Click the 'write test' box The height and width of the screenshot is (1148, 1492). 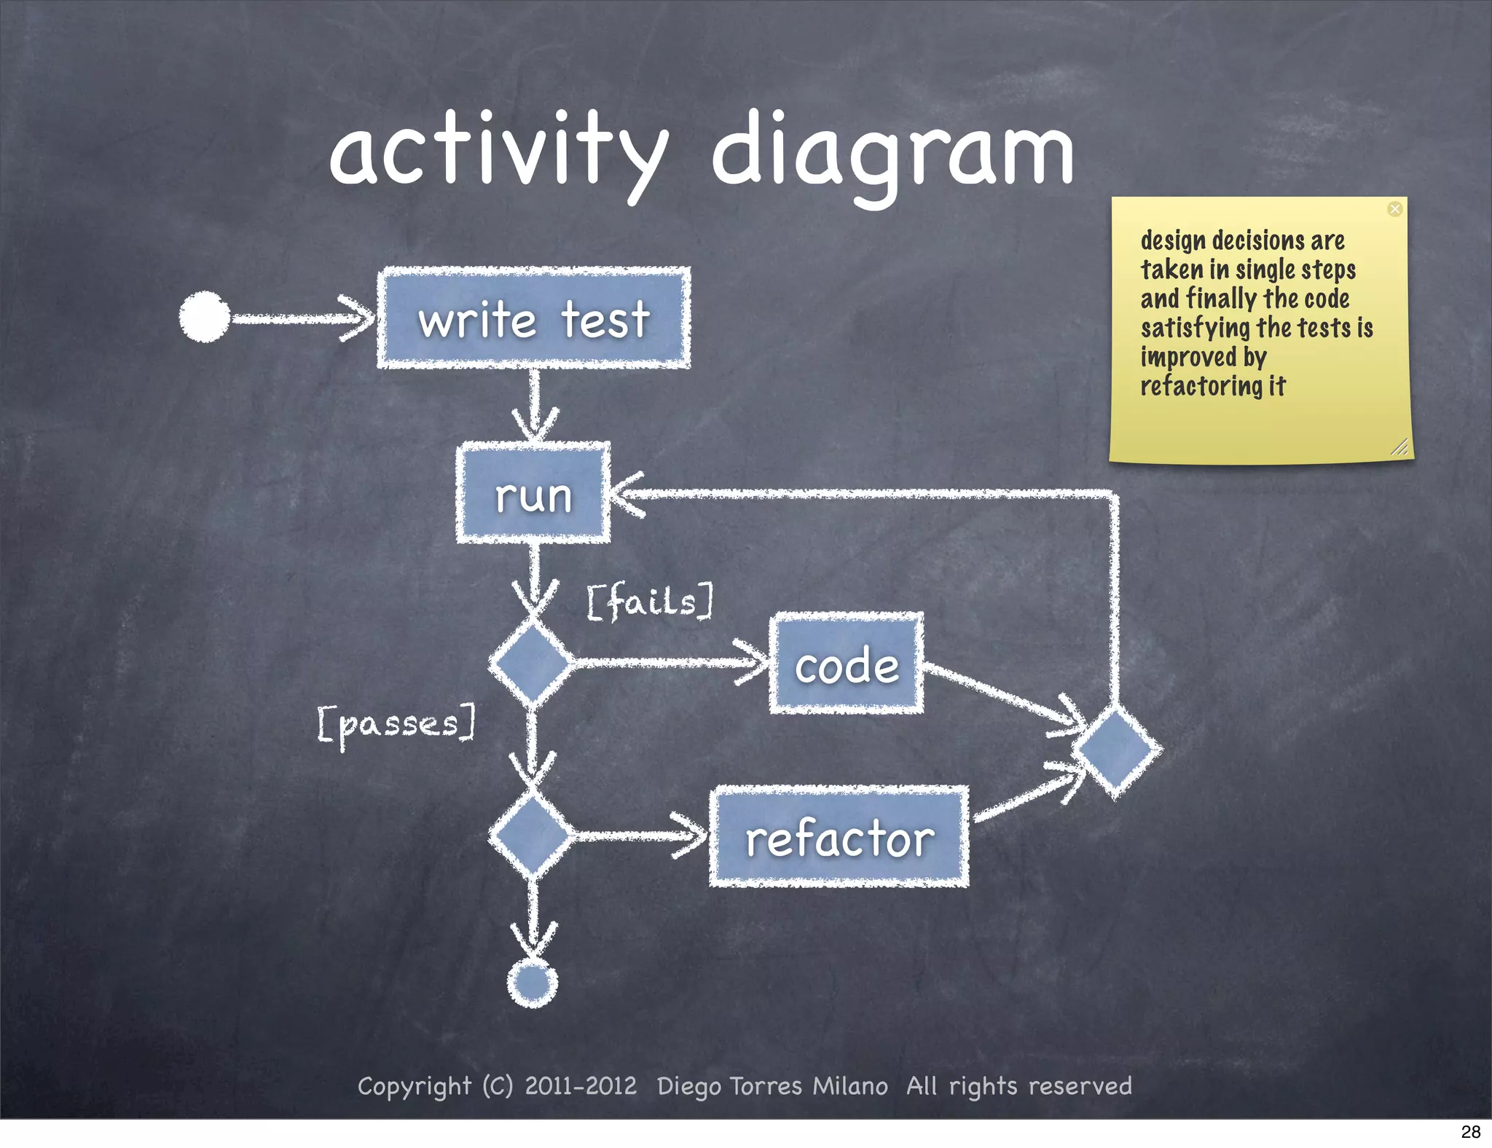[534, 318]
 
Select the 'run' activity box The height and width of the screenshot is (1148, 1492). [533, 494]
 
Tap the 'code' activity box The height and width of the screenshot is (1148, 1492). [847, 664]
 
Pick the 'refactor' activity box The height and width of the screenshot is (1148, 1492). [839, 837]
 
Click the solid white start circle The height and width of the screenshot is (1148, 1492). [205, 317]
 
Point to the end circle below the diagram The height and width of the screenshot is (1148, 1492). [533, 983]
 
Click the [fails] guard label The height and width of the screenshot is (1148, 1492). [650, 602]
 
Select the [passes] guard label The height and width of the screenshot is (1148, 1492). [397, 724]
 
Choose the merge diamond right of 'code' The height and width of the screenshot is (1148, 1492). [1116, 750]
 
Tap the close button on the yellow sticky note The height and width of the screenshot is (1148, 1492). [1394, 210]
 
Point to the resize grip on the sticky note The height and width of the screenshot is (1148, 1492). [1399, 447]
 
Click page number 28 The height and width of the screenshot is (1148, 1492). [1470, 1131]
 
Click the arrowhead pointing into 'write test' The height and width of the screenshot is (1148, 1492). [361, 318]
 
